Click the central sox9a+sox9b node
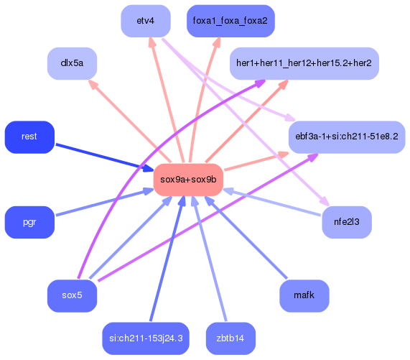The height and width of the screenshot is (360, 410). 188,180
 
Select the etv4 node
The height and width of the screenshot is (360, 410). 145,21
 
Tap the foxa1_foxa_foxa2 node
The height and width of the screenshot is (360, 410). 230,21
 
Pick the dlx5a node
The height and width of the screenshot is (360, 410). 72,63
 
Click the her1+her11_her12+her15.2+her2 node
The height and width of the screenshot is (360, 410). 304,63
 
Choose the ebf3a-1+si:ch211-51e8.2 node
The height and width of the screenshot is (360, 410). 346,137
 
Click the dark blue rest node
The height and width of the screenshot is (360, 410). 29,137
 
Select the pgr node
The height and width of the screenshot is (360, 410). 29,222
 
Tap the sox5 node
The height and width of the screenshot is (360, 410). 72,295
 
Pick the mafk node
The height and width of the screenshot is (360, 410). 304,295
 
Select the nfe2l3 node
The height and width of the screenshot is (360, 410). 346,222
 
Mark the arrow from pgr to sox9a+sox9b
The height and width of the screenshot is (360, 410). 101,203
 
